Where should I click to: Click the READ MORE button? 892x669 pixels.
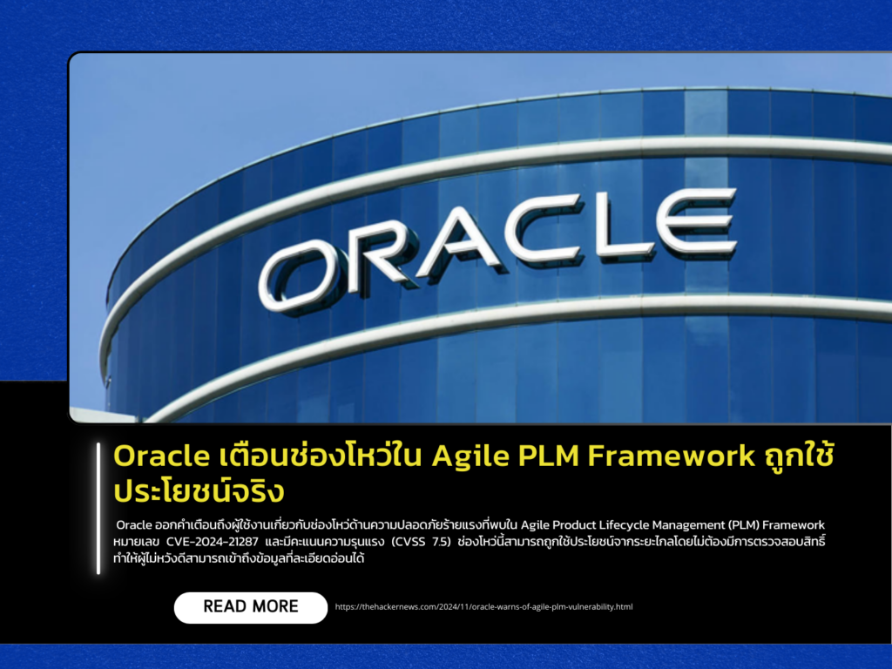pyautogui.click(x=251, y=607)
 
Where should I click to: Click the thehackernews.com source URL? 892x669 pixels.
pyautogui.click(x=483, y=606)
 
